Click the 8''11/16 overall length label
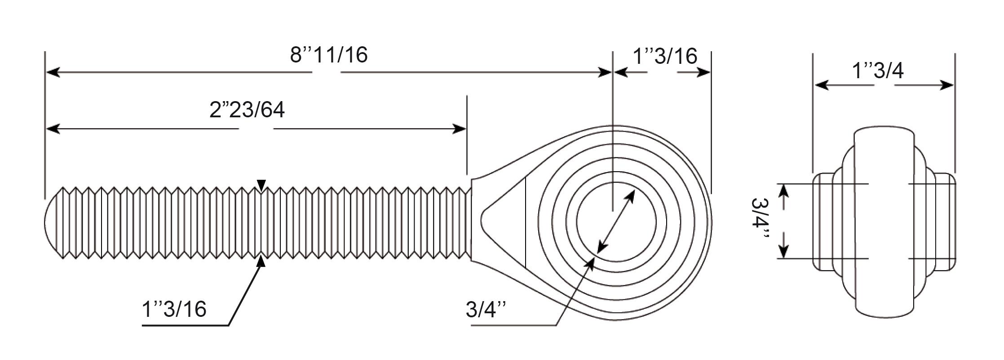328,55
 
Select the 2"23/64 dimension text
247,110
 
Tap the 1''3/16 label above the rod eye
665,56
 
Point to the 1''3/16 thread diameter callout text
174,309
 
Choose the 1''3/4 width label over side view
878,71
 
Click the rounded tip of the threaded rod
52,222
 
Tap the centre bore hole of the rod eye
616,222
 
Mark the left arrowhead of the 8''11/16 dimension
53,72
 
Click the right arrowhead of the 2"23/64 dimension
459,129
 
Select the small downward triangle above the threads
261,184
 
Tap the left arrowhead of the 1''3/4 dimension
822,85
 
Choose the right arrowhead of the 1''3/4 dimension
946,85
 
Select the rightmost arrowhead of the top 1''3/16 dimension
703,72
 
